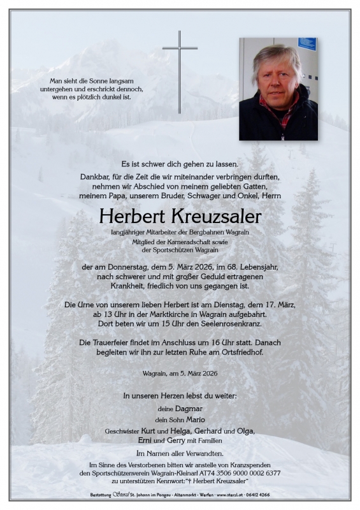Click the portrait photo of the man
pos(278,89)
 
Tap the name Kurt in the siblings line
pos(151,431)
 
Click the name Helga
pos(180,431)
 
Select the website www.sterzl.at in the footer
pos(238,495)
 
